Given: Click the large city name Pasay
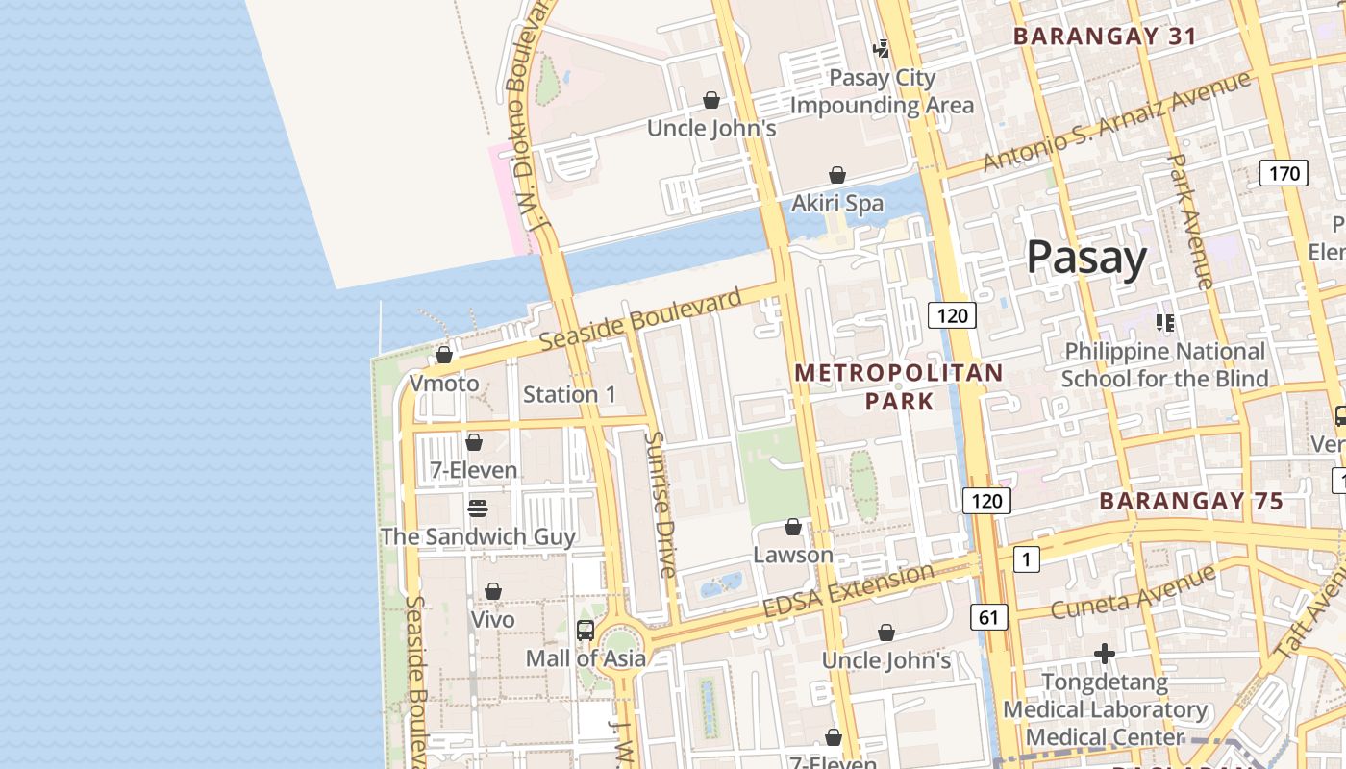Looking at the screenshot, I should point(1086,258).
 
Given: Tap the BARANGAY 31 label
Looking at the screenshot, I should point(1105,37).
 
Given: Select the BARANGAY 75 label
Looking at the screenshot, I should point(1190,501).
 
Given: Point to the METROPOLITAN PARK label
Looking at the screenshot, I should point(899,386).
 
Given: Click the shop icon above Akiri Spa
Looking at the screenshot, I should point(837,175).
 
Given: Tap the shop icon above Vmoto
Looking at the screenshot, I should point(444,356).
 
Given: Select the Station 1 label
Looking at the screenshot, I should point(569,394).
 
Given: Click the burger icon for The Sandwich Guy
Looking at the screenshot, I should point(478,508).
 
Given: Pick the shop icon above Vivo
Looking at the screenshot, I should point(493,591).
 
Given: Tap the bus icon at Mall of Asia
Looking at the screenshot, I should point(585,631).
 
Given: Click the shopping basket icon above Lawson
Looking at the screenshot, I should point(793,527).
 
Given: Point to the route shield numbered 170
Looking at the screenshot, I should point(1284,173).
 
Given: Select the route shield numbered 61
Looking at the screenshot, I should point(987,617).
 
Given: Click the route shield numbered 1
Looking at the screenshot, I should point(1027,558).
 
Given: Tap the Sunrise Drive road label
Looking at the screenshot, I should point(661,505).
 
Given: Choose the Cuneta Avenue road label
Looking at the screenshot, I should point(1133,593).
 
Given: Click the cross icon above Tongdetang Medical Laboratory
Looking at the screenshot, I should point(1105,654).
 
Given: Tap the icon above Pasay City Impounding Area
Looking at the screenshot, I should point(881,48).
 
